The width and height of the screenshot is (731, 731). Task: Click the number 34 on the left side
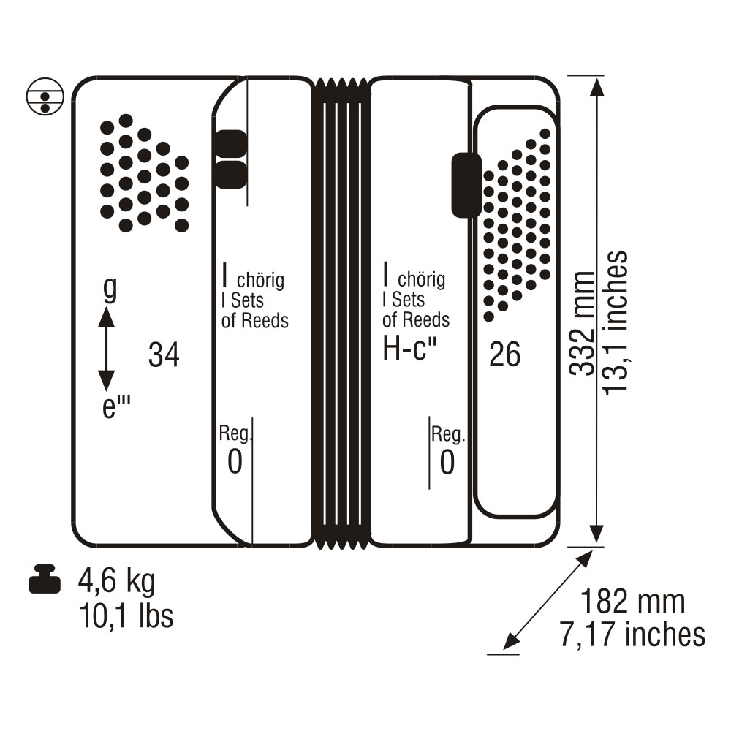(x=164, y=355)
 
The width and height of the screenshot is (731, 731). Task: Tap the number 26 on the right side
(x=505, y=355)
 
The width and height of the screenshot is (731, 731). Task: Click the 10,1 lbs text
(x=126, y=616)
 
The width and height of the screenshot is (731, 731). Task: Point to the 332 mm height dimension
(x=582, y=322)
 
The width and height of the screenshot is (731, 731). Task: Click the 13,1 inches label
(x=615, y=322)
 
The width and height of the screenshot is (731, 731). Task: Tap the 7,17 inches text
(x=632, y=634)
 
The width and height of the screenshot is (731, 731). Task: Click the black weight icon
(x=45, y=579)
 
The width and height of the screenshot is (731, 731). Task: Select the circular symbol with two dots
(x=45, y=96)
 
